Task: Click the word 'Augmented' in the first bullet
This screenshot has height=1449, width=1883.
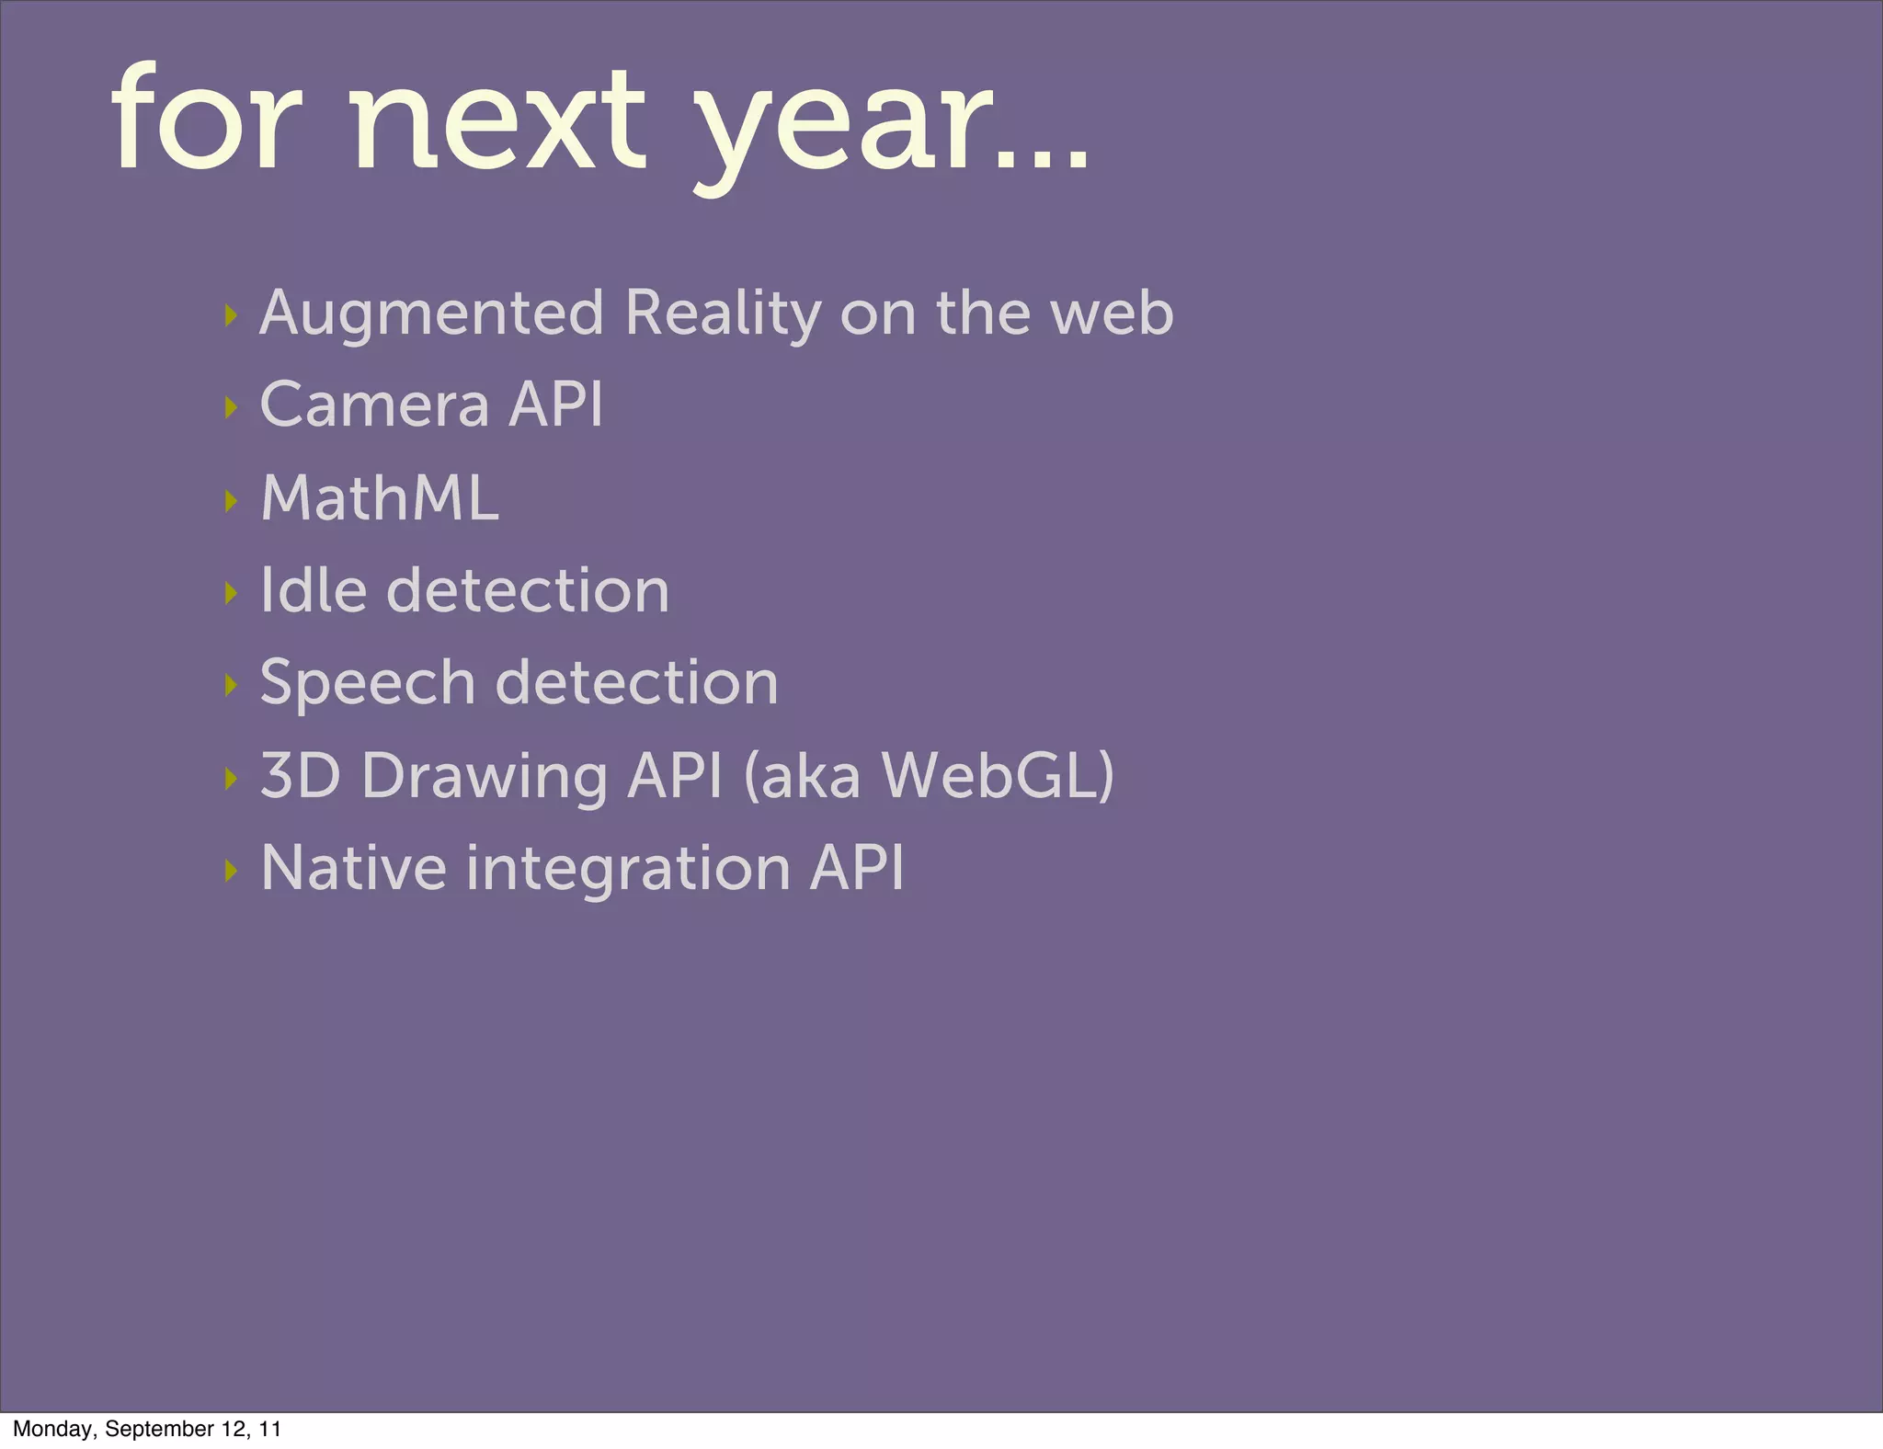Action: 431,314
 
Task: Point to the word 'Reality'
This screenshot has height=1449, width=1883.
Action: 723,314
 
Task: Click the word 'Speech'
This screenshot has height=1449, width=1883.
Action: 367,684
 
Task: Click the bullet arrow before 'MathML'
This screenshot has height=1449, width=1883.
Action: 231,501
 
